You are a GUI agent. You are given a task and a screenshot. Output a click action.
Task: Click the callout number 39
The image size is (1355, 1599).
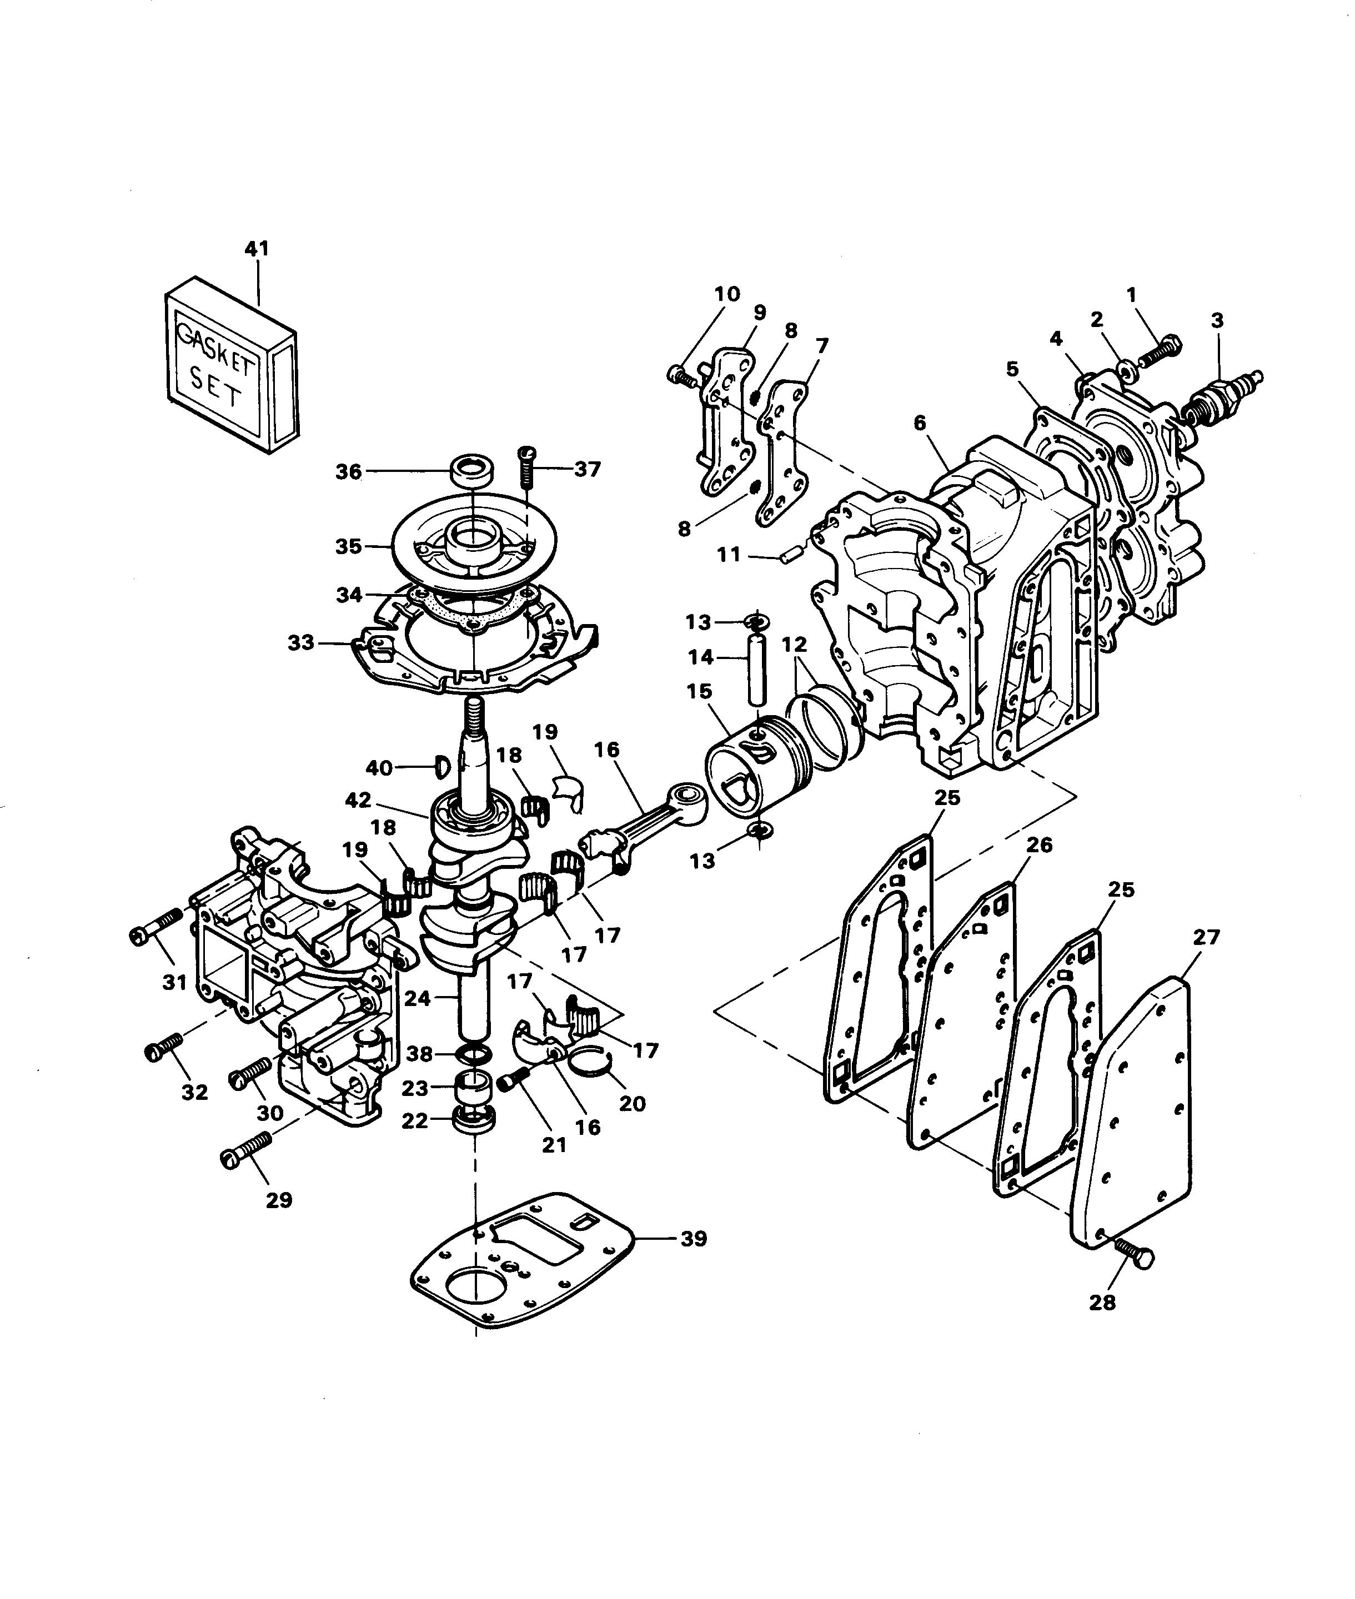click(x=694, y=1238)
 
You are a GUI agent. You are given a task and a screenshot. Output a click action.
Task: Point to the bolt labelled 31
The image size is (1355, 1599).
click(x=156, y=927)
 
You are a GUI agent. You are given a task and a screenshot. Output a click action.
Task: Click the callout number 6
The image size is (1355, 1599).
click(x=920, y=423)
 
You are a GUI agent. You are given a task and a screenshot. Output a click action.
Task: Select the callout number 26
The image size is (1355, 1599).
click(x=1039, y=845)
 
